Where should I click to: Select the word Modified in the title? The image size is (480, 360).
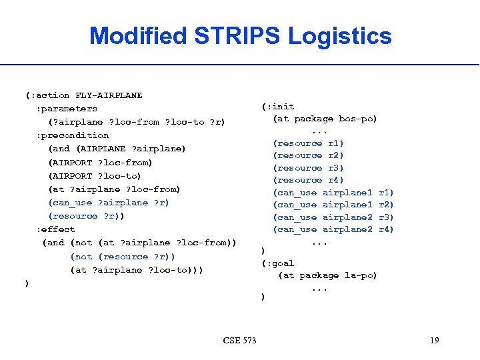pos(139,35)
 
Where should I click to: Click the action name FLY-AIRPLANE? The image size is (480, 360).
pos(109,95)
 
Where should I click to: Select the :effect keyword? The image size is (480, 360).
pos(55,229)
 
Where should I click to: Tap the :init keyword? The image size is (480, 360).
pos(279,107)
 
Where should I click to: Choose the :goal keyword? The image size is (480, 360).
pos(279,263)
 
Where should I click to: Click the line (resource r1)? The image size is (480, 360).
pos(308,143)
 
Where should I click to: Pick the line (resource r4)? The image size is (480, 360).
pos(308,180)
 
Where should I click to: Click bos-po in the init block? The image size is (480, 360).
pos(357,119)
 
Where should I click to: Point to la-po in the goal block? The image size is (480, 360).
pos(360,275)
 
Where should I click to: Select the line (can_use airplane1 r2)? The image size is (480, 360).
pos(333,205)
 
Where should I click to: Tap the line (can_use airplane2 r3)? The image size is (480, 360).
pos(333,217)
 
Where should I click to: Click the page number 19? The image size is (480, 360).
pos(434,341)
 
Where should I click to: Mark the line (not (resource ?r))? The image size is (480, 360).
pos(123,257)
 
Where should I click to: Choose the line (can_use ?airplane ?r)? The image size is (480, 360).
pos(109,203)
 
